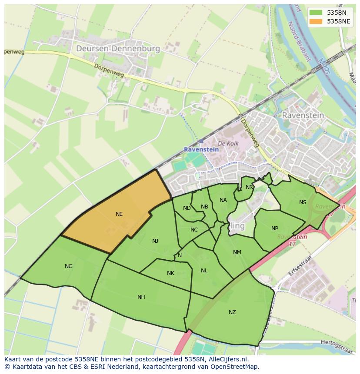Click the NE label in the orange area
tap(119, 214)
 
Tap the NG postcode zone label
tap(69, 266)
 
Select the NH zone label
tap(141, 297)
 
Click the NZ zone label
tap(232, 312)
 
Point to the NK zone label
tap(170, 273)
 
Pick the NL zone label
tap(204, 271)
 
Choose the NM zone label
tap(237, 252)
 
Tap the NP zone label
tap(274, 228)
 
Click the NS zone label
tap(303, 202)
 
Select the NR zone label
tap(249, 187)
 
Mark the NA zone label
tap(223, 200)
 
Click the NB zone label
tap(204, 206)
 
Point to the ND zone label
tap(187, 208)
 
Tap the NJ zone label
tap(155, 241)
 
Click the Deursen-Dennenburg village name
tap(118, 49)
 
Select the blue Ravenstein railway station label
tap(201, 149)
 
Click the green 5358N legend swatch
tap(316, 13)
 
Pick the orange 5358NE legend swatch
tap(316, 21)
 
